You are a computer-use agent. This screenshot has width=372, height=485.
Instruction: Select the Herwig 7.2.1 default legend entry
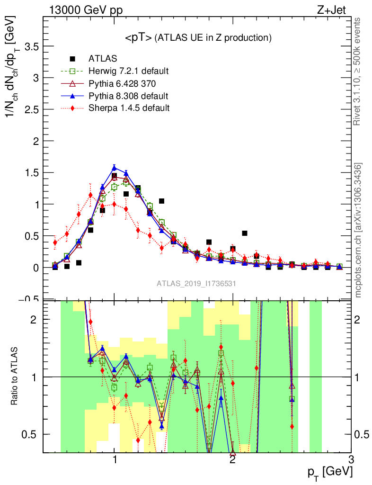coord(128,72)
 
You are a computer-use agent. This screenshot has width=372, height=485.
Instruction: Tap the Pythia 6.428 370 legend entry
coord(122,84)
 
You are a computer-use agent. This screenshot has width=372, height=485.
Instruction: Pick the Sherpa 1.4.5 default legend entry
coord(129,108)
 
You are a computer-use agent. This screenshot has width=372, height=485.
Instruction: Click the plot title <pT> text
coord(197,38)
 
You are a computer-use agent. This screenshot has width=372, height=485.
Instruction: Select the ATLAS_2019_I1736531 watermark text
coord(197,283)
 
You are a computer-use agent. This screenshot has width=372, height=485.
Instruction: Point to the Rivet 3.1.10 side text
coord(358,71)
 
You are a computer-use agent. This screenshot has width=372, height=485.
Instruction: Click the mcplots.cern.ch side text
coord(358,230)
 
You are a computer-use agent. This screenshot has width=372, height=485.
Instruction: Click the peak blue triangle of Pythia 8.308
coord(114,167)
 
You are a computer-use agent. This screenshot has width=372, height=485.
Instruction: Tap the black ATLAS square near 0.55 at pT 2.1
coord(245,233)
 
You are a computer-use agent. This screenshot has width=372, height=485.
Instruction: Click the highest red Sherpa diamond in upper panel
coord(90,195)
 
